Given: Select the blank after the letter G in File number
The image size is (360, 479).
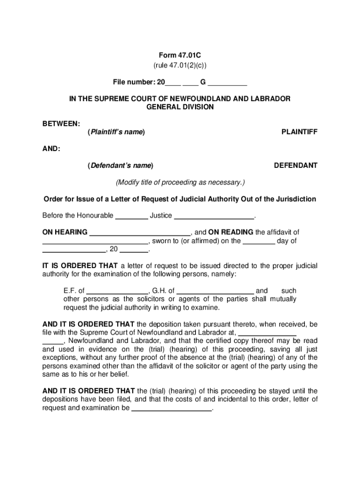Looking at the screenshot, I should (x=227, y=83).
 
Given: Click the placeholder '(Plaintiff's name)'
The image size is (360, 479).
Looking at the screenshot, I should (x=116, y=132).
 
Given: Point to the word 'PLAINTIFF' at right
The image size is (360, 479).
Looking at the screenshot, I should (x=299, y=132).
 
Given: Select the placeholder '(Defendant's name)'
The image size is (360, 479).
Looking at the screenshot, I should (x=120, y=166).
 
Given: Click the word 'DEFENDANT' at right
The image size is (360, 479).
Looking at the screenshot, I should (x=295, y=166).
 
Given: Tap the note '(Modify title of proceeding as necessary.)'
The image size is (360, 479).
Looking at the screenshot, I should (x=180, y=182).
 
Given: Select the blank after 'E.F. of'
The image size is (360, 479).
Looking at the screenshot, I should (x=117, y=291).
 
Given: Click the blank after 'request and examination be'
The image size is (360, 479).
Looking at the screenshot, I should (x=172, y=409).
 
